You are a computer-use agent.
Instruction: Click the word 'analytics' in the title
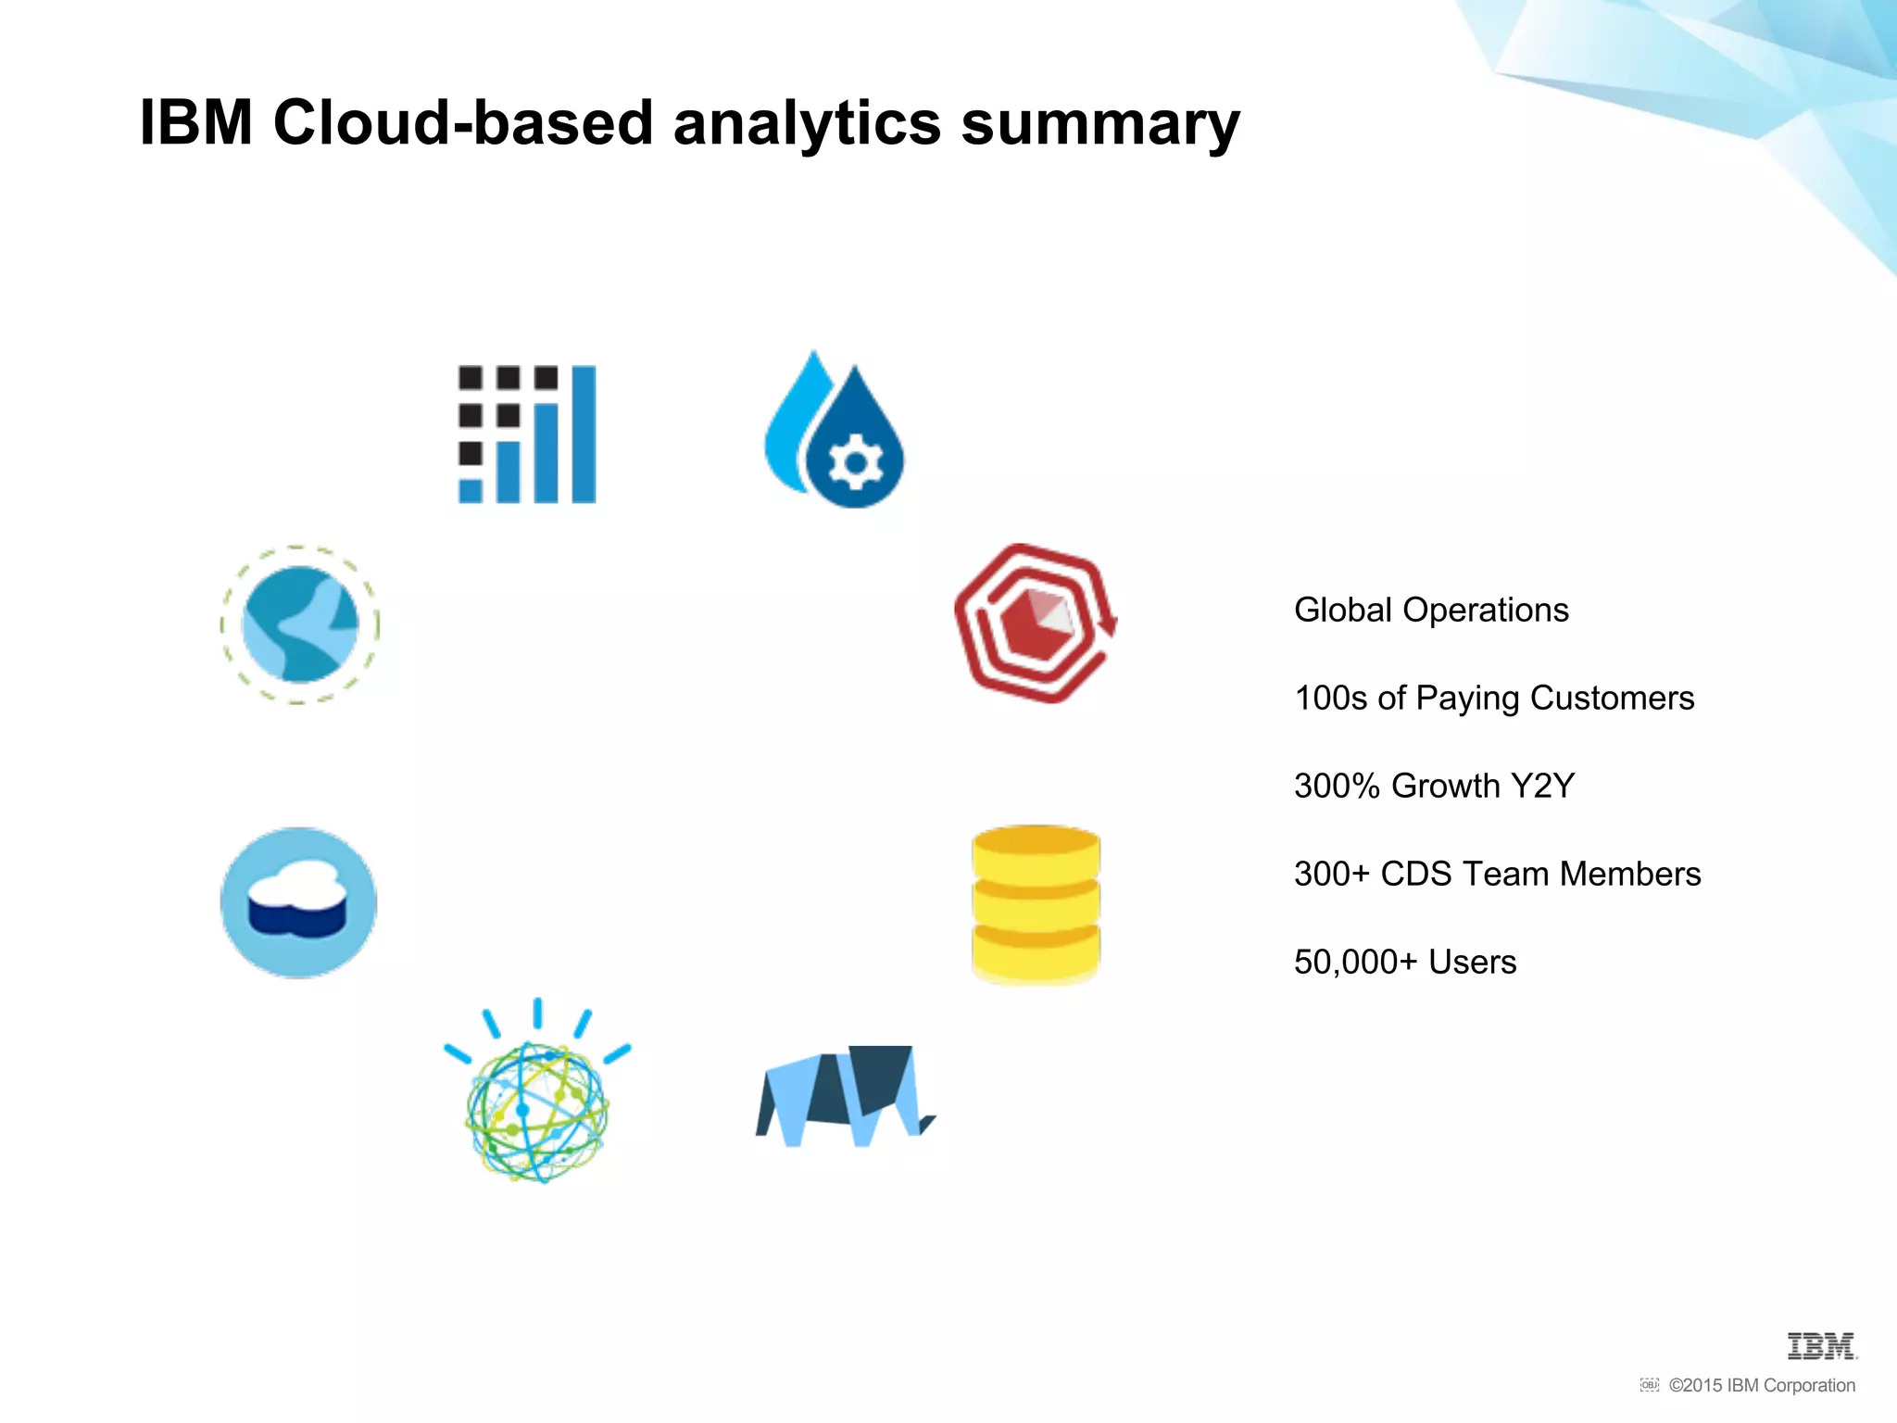point(806,123)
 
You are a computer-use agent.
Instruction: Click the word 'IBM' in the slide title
point(195,122)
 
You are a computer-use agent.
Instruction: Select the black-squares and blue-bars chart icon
point(527,434)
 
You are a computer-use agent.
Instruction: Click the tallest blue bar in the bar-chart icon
point(584,434)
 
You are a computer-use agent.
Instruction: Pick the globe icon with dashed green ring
point(299,624)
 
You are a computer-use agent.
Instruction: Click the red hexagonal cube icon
point(1035,623)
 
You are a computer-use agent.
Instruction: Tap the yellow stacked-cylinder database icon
point(1036,903)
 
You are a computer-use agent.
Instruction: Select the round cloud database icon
point(298,902)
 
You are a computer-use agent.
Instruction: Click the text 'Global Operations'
point(1431,611)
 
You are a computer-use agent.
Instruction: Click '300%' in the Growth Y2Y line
point(1337,787)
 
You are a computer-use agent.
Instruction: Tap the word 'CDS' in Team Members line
point(1415,875)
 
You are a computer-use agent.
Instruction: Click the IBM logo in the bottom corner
point(1821,1346)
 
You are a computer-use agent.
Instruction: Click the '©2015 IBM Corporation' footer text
point(1762,1386)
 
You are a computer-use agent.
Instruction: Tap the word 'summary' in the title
point(1100,123)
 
